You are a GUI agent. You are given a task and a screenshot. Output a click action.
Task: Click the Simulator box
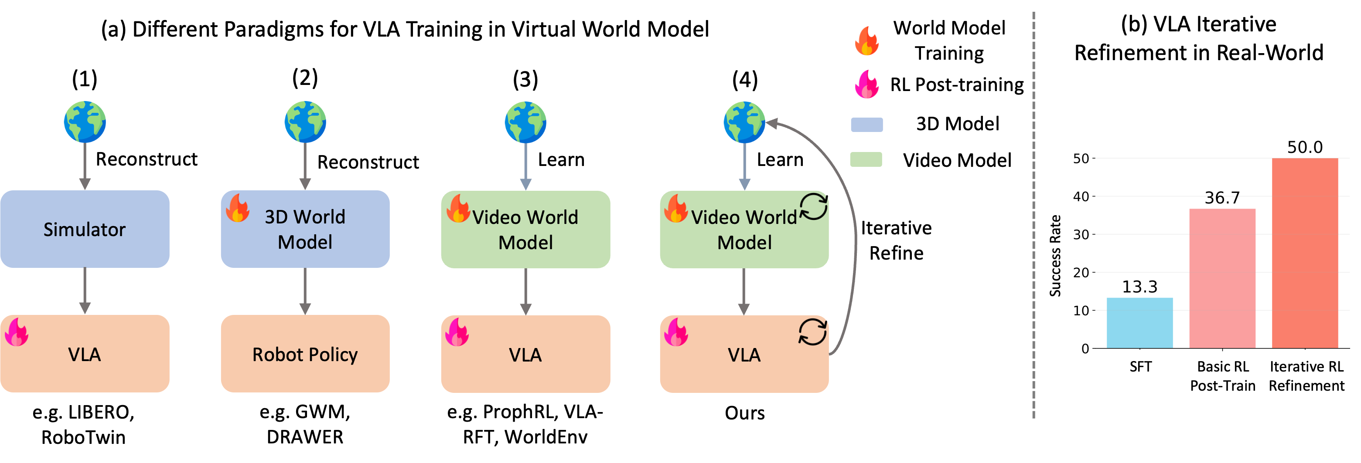[85, 229]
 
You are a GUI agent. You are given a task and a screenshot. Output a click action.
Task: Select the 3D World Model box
[305, 229]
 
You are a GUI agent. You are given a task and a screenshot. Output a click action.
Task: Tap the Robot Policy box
[305, 354]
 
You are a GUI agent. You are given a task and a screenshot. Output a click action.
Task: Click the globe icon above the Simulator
[85, 122]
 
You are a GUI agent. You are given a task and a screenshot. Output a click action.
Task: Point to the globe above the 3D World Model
[305, 122]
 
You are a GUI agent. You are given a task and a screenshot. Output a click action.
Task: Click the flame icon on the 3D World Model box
[238, 208]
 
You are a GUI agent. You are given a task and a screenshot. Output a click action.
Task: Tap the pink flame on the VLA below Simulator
[17, 332]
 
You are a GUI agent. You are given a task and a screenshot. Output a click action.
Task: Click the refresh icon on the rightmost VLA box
[812, 332]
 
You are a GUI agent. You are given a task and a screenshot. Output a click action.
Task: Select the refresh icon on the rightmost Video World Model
[813, 207]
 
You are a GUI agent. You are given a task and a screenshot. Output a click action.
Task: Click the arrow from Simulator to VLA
[85, 291]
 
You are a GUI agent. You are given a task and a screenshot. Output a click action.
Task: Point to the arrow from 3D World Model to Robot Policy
[305, 291]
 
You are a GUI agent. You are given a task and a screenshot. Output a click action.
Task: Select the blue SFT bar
[1139, 323]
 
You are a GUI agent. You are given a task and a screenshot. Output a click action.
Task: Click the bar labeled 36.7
[1222, 278]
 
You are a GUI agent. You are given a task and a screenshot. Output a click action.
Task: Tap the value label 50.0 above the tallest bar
[1304, 147]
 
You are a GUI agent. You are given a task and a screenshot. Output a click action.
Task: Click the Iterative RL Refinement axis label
[1306, 376]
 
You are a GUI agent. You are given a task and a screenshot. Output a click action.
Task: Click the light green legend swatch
[866, 159]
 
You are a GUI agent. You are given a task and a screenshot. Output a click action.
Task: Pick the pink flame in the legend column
[866, 84]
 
